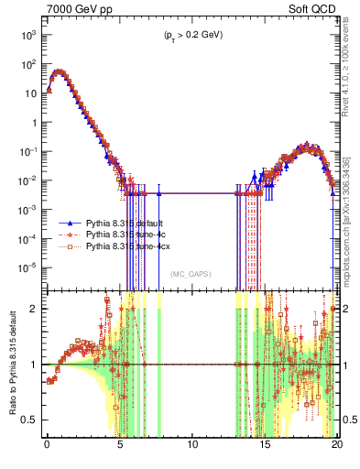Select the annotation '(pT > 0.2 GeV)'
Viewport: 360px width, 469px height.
[192, 35]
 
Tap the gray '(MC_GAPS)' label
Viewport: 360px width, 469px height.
[192, 274]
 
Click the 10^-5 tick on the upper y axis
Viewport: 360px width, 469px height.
[27, 267]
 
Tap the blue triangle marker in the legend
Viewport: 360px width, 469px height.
[71, 223]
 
